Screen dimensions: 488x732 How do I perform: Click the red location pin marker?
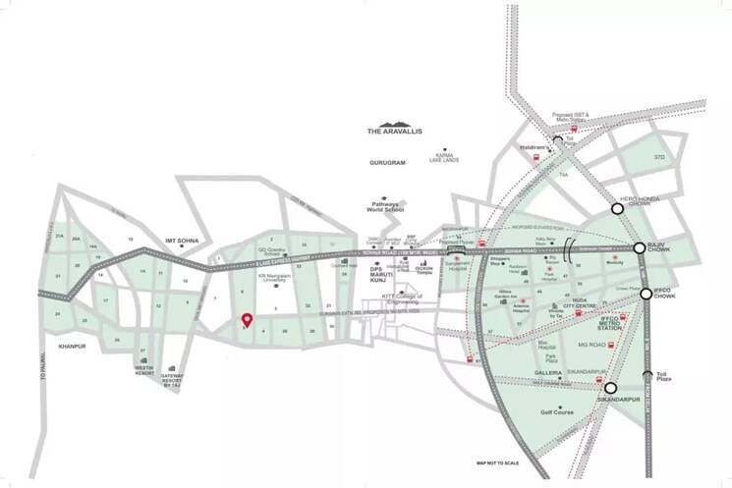tap(247, 319)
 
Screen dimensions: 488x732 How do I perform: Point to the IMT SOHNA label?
tap(184, 242)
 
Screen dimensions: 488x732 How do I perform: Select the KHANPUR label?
tap(74, 347)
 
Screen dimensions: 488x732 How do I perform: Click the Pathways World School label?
tap(380, 207)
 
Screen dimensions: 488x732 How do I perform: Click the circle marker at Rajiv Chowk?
tap(640, 248)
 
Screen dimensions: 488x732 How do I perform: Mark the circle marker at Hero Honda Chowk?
tap(618, 208)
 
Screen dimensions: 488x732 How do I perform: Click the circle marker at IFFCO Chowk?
tap(646, 294)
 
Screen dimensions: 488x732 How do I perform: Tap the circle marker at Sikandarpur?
tap(610, 388)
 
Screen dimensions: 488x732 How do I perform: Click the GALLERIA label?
tap(547, 374)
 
